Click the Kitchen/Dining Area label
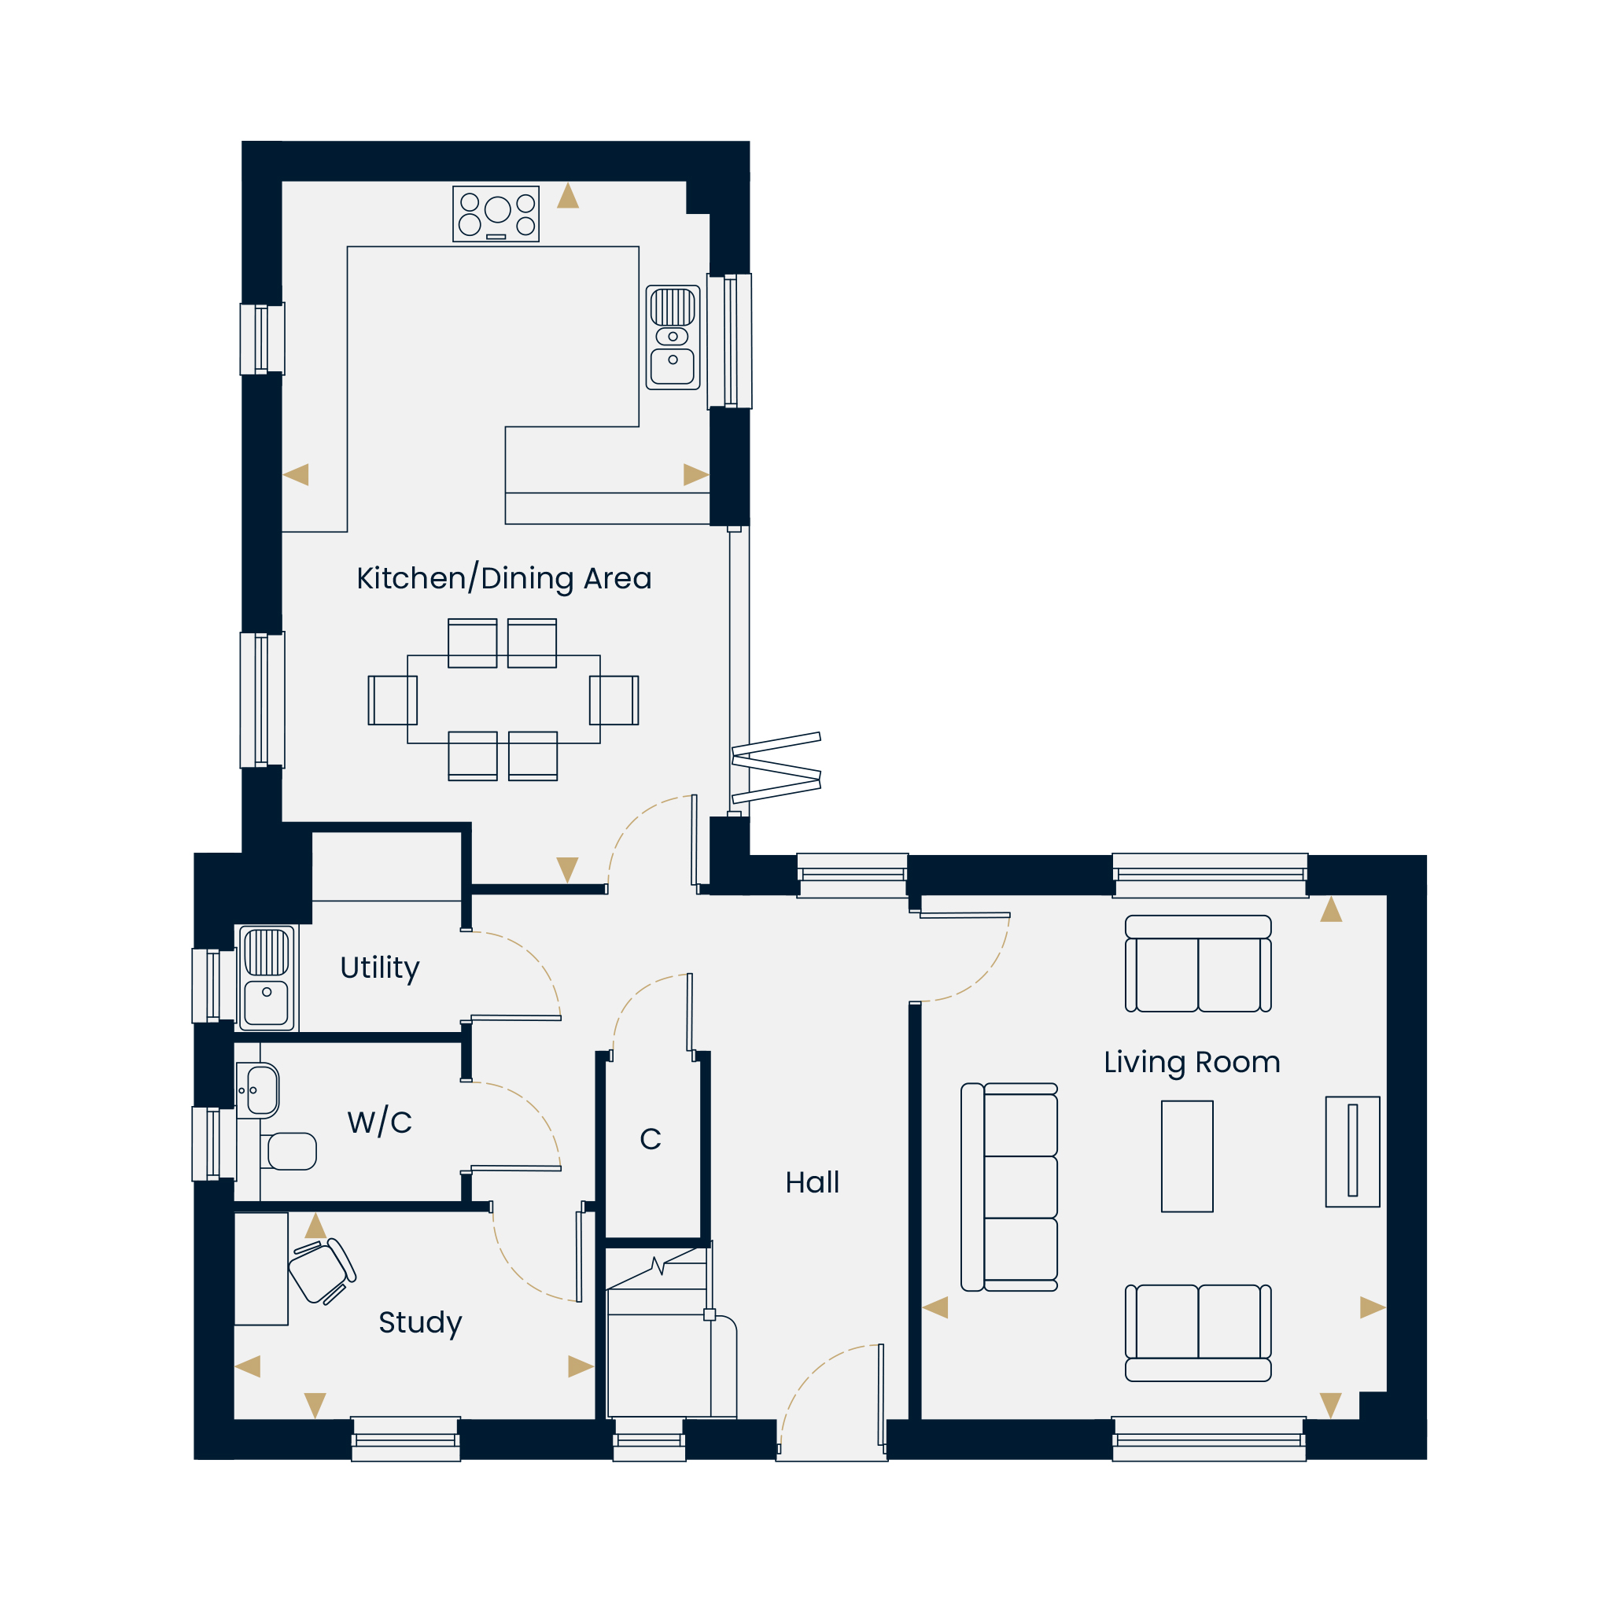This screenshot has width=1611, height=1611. pyautogui.click(x=503, y=578)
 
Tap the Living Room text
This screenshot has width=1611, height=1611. pyautogui.click(x=1192, y=1062)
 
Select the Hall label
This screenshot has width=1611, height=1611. pyautogui.click(x=812, y=1182)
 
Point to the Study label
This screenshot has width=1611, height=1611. pyautogui.click(x=420, y=1322)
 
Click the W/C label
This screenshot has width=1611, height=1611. pyautogui.click(x=379, y=1123)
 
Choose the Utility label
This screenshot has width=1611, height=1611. pyautogui.click(x=379, y=968)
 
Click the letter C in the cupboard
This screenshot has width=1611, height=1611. pyautogui.click(x=651, y=1139)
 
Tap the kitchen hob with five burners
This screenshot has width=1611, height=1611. pyautogui.click(x=496, y=213)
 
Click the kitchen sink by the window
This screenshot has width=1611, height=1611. pyautogui.click(x=673, y=337)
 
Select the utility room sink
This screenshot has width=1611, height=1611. pyautogui.click(x=267, y=978)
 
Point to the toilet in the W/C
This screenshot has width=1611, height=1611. pyautogui.click(x=289, y=1152)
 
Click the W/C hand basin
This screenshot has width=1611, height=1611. pyautogui.click(x=259, y=1089)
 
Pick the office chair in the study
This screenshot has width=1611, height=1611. pyautogui.click(x=322, y=1272)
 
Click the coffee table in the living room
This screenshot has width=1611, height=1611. pyautogui.click(x=1187, y=1156)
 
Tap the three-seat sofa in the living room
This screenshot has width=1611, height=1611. pyautogui.click(x=1009, y=1187)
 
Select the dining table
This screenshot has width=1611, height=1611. pyautogui.click(x=503, y=699)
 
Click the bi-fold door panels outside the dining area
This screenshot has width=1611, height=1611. pyautogui.click(x=776, y=767)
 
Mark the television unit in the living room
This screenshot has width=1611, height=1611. pyautogui.click(x=1352, y=1152)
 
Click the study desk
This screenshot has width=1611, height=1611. pyautogui.click(x=261, y=1269)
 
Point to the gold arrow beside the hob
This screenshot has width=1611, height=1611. pyautogui.click(x=568, y=196)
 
